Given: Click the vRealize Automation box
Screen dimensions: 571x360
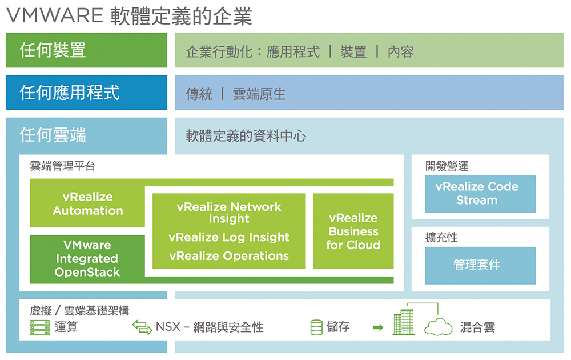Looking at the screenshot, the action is click(87, 203).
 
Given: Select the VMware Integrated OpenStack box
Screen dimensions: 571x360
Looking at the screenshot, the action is click(87, 259).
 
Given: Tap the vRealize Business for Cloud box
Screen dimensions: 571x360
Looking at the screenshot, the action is click(353, 231).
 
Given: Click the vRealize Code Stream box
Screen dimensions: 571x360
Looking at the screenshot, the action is click(480, 194).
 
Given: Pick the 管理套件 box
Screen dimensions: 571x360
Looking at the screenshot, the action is click(480, 265).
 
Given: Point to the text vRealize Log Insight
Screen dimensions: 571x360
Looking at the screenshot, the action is click(229, 238).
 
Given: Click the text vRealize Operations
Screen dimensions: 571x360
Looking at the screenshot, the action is click(229, 256).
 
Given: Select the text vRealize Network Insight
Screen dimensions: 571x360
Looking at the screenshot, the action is click(229, 213).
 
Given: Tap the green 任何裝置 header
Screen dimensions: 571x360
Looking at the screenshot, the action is click(87, 50).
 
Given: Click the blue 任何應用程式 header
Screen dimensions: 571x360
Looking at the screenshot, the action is click(87, 93).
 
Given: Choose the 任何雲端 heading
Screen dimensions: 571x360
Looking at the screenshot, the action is click(53, 135).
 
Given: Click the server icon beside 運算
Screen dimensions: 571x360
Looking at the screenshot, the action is click(40, 327).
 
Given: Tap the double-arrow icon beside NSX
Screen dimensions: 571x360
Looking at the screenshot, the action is click(142, 327).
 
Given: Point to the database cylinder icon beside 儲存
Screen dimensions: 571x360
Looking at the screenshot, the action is click(316, 327).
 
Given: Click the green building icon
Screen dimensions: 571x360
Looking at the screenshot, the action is click(404, 322).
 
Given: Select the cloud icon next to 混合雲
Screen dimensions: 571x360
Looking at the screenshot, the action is click(438, 327).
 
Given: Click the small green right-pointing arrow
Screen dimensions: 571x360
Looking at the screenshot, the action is click(379, 327).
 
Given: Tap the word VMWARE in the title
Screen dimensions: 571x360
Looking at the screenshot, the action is click(55, 15).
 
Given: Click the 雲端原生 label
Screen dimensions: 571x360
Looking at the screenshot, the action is click(259, 94).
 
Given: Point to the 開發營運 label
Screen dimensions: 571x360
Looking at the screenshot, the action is click(447, 166).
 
